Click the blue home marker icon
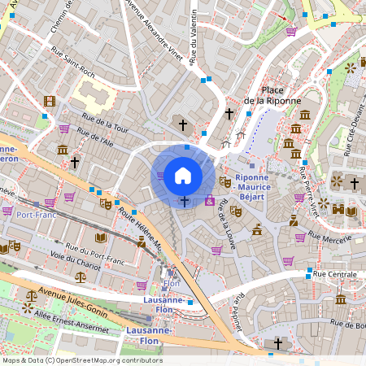click(x=183, y=175)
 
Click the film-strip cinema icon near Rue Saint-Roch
click(x=50, y=102)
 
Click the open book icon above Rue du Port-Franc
click(x=101, y=237)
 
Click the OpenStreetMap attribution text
click(x=82, y=360)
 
